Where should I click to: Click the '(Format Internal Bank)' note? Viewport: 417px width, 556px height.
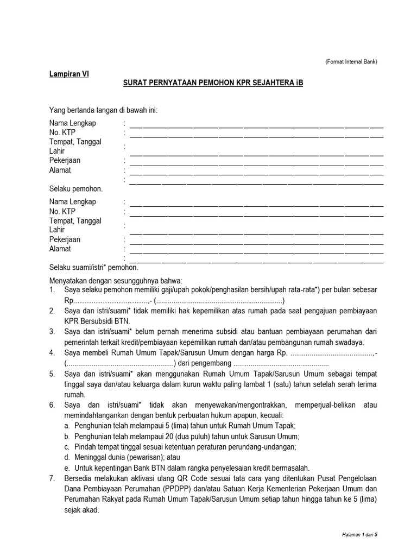(351, 61)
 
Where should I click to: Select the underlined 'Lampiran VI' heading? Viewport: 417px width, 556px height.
(69, 75)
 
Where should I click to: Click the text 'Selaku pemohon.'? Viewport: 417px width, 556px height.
(75, 189)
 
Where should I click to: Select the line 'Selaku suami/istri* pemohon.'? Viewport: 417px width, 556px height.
(93, 268)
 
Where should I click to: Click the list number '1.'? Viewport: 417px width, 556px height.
(52, 290)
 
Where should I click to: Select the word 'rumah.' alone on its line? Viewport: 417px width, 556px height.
(75, 395)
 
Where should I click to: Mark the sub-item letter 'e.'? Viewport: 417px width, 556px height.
(66, 468)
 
